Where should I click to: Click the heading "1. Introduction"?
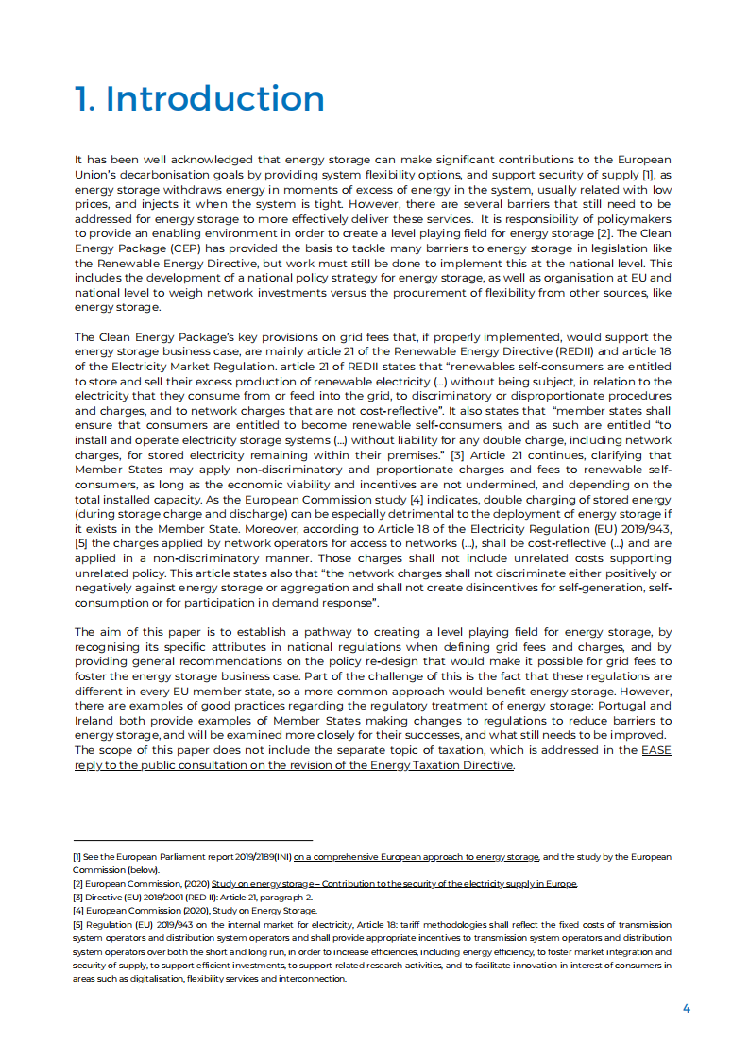click(199, 99)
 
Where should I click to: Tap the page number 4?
click(687, 1008)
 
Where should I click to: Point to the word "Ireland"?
click(95, 721)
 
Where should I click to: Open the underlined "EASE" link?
click(656, 750)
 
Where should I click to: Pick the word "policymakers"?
click(632, 219)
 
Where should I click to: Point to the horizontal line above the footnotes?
click(193, 840)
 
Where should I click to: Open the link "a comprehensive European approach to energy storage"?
click(417, 857)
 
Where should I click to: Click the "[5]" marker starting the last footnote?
click(78, 925)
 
